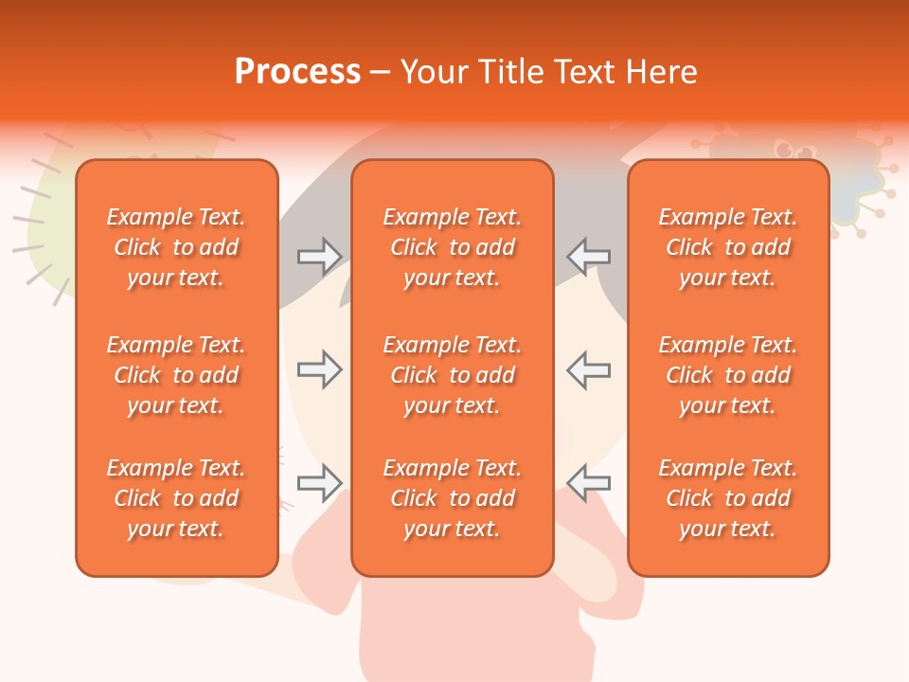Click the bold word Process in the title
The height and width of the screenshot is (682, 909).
(297, 72)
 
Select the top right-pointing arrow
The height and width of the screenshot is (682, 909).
(319, 257)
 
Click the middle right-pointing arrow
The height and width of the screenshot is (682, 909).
(319, 369)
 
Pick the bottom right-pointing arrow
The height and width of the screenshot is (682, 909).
(319, 483)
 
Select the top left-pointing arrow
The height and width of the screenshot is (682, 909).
(588, 257)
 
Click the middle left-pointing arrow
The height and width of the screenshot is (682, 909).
(588, 369)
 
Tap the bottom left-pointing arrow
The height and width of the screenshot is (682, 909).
(588, 483)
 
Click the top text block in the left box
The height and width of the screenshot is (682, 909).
(176, 247)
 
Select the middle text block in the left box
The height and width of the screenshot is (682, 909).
(176, 375)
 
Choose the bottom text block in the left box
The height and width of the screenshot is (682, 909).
(176, 498)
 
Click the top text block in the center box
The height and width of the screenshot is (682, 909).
(452, 247)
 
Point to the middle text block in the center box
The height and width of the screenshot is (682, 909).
(452, 375)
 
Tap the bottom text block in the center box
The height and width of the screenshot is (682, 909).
(452, 498)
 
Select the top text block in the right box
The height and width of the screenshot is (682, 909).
(727, 247)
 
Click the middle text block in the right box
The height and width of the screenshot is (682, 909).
(727, 375)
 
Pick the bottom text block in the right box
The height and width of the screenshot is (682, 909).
(727, 498)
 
